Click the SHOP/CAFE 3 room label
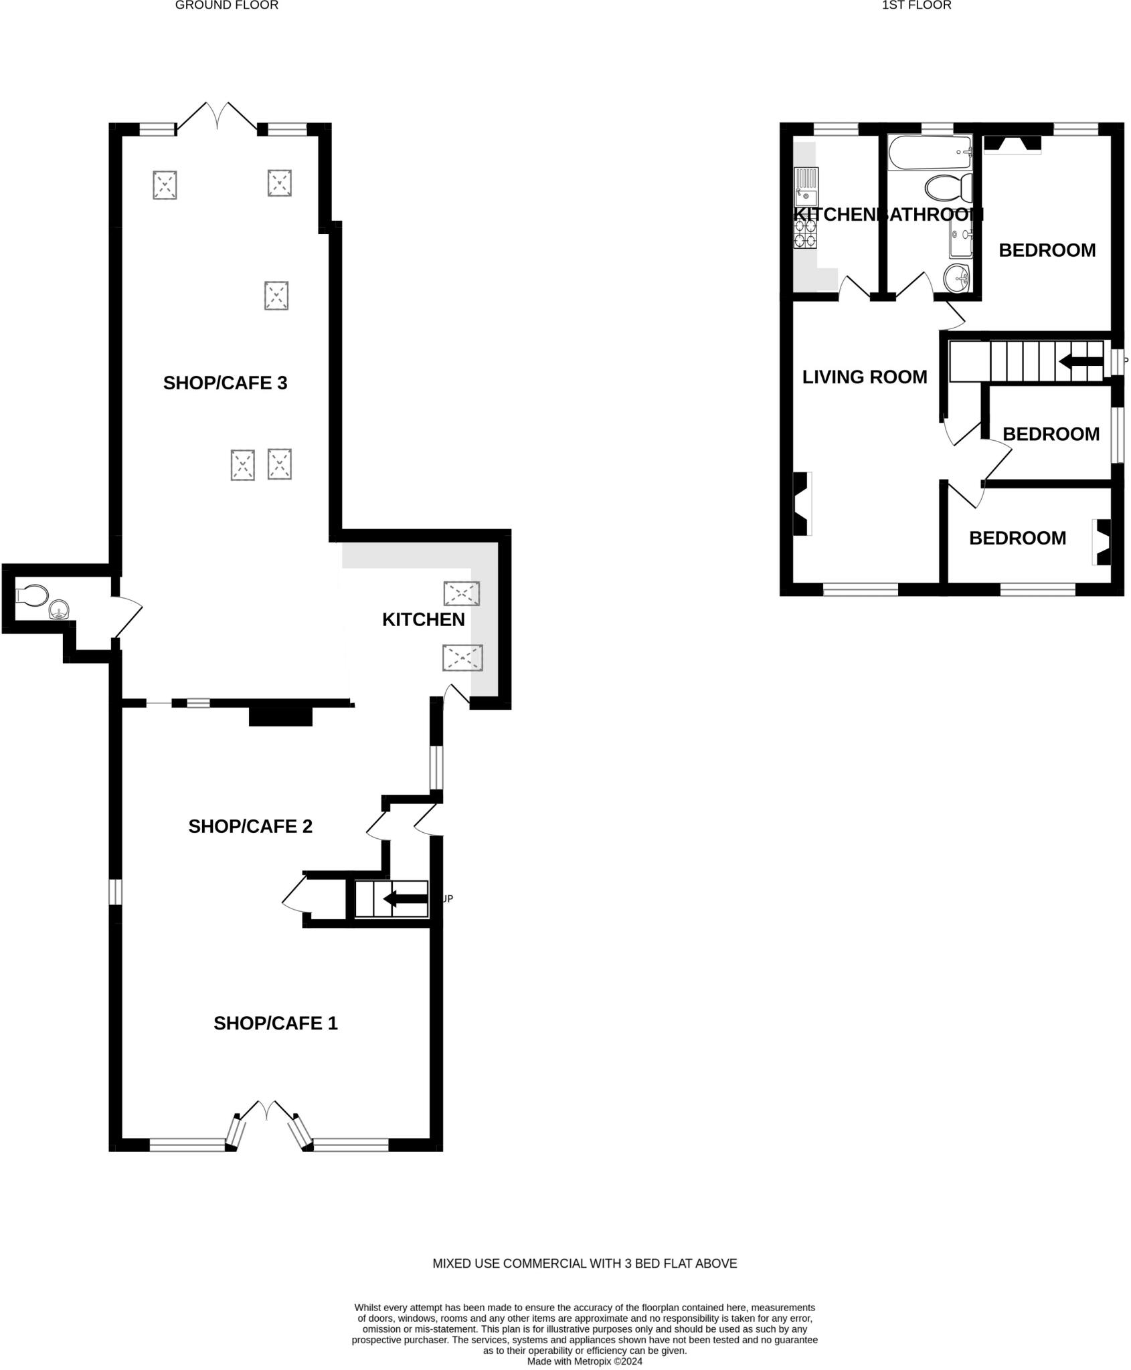(x=225, y=383)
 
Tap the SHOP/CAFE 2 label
(x=250, y=826)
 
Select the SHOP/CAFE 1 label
(x=276, y=1023)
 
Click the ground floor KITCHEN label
(x=423, y=619)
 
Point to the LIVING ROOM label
(x=865, y=377)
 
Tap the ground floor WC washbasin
(x=60, y=609)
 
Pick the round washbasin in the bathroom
(x=957, y=278)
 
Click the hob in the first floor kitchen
(x=805, y=231)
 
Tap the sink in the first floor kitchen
(x=805, y=187)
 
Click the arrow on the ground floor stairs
(x=406, y=899)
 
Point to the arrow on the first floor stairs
(x=1080, y=362)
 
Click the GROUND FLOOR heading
(x=226, y=5)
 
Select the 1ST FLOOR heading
(x=916, y=5)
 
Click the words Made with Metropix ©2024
(x=584, y=1361)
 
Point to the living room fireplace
(x=801, y=504)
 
